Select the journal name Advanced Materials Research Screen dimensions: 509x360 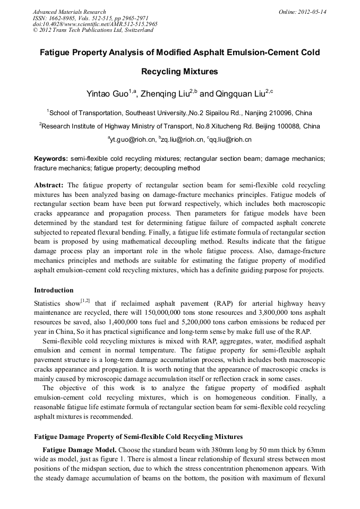[x=69, y=12]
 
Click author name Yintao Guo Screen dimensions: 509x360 [x=108, y=94]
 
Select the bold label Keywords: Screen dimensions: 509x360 [x=51, y=159]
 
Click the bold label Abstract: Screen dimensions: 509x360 [x=49, y=185]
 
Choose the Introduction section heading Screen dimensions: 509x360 [x=54, y=290]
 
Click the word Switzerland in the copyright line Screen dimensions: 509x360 [x=139, y=30]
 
